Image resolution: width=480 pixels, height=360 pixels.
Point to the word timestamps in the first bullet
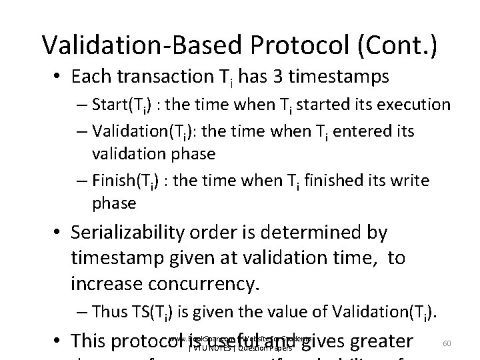click(343, 78)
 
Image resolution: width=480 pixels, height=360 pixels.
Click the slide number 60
click(447, 343)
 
